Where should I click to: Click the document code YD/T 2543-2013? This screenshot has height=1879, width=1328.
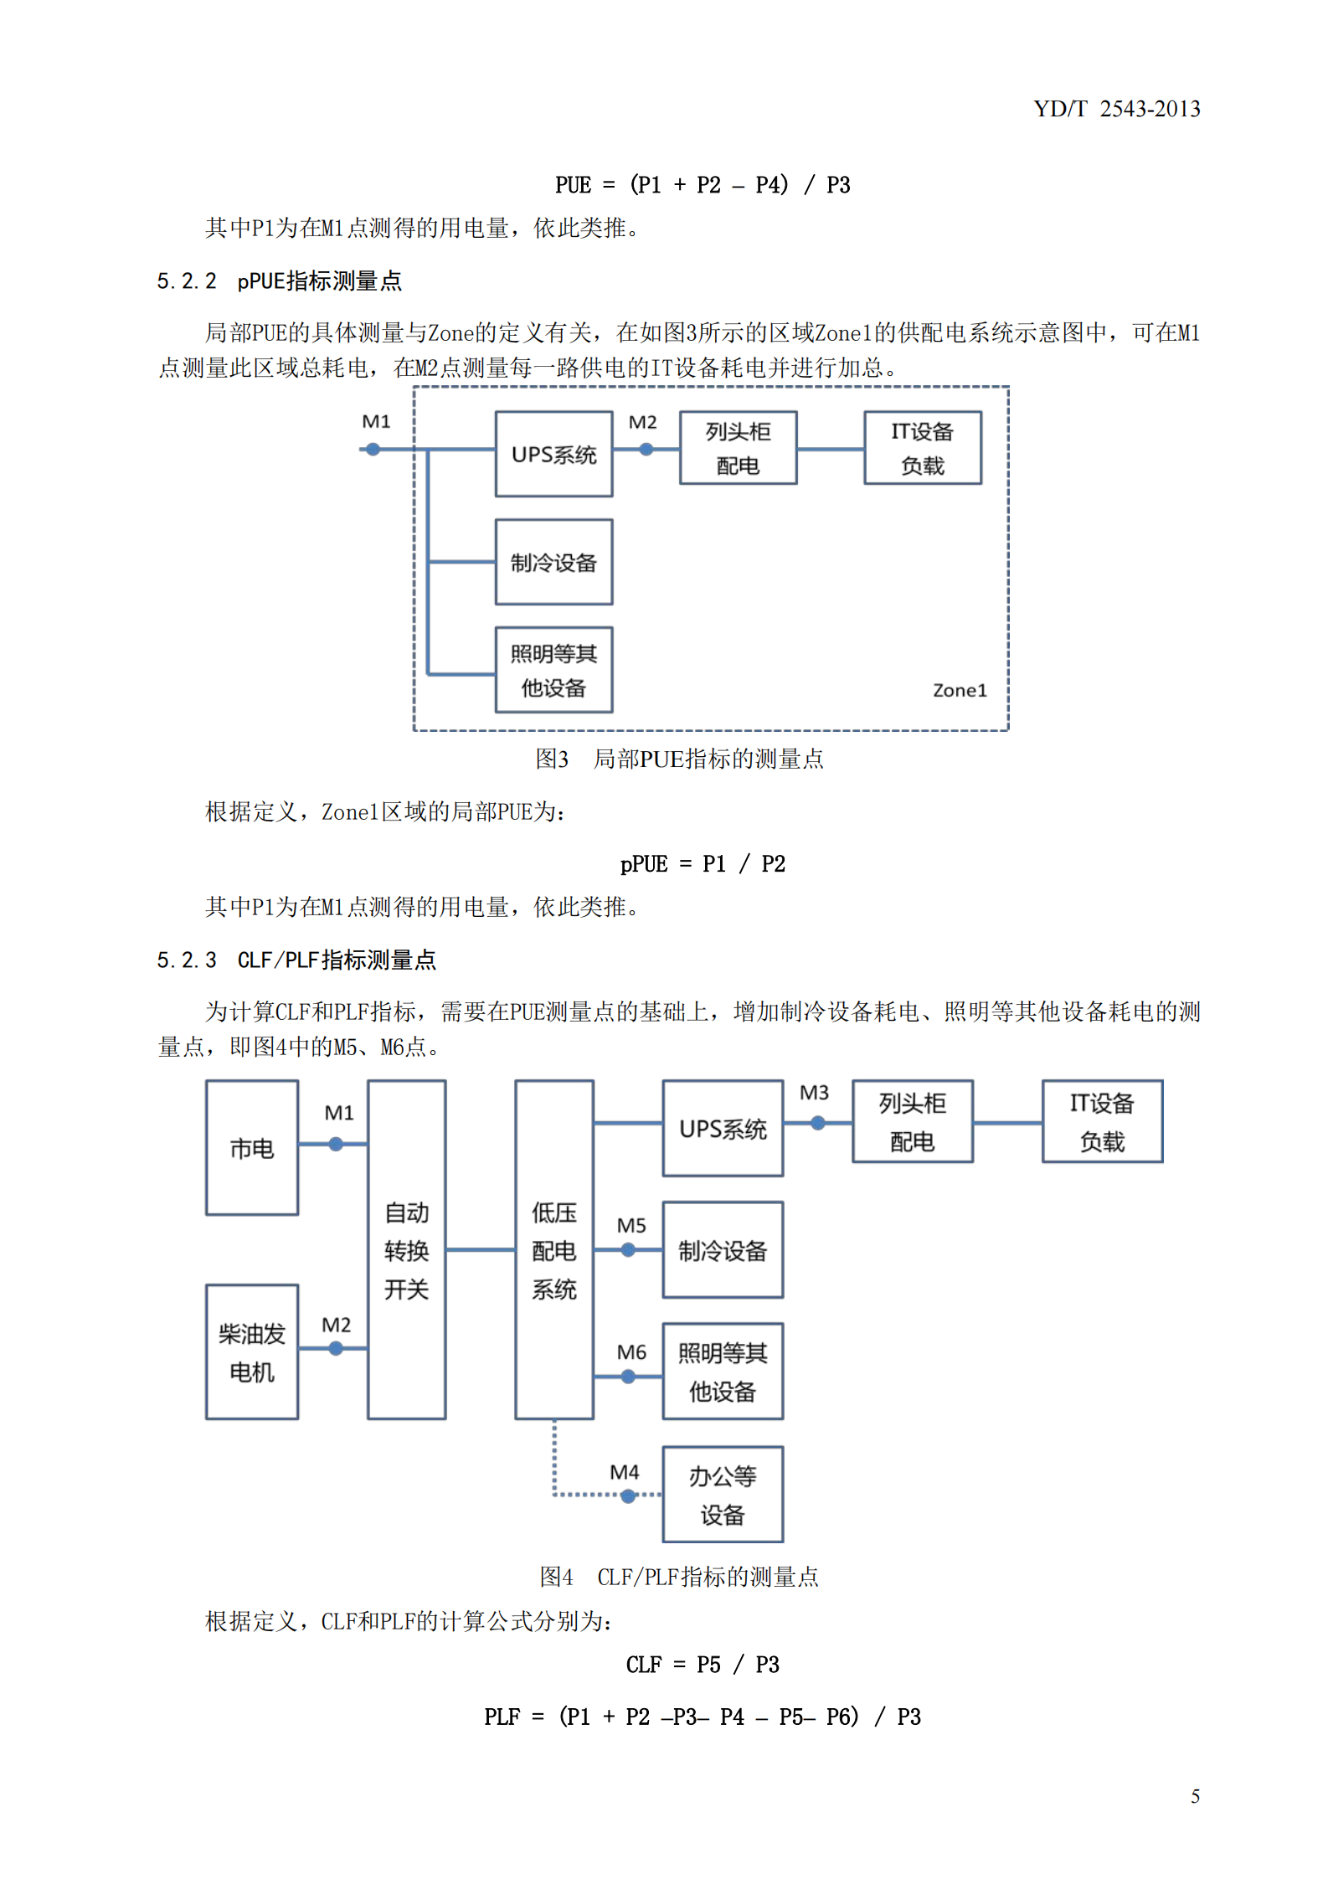pos(1116,109)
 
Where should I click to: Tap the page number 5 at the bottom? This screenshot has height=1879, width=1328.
pos(1195,1795)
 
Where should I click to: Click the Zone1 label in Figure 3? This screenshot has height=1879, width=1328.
pos(960,690)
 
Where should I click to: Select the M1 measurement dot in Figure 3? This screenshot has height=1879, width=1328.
pos(373,450)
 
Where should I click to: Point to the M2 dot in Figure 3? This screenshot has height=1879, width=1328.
pos(646,450)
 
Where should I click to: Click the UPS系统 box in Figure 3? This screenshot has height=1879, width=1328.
pos(553,454)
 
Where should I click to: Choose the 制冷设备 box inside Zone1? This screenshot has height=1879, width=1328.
pos(553,562)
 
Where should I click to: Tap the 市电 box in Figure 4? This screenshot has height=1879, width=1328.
pos(252,1147)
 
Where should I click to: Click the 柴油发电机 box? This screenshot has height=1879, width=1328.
pos(252,1351)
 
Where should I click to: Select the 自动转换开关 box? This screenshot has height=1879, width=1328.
pos(407,1249)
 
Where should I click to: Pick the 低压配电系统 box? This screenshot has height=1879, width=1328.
pos(554,1249)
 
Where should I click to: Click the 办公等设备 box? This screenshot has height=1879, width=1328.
pos(723,1494)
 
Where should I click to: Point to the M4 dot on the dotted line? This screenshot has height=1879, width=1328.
pos(628,1495)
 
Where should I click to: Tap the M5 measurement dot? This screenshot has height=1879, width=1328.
pos(628,1250)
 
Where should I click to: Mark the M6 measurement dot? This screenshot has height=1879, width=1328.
pos(628,1377)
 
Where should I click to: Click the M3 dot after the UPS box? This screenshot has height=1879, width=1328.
pos(818,1123)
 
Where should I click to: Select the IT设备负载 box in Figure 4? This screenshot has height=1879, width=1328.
pos(1102,1121)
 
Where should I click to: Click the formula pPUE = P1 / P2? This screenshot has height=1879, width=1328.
pos(703,864)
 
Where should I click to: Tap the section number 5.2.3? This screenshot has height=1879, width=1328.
pos(187,960)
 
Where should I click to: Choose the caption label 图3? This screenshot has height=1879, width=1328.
pos(552,759)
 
